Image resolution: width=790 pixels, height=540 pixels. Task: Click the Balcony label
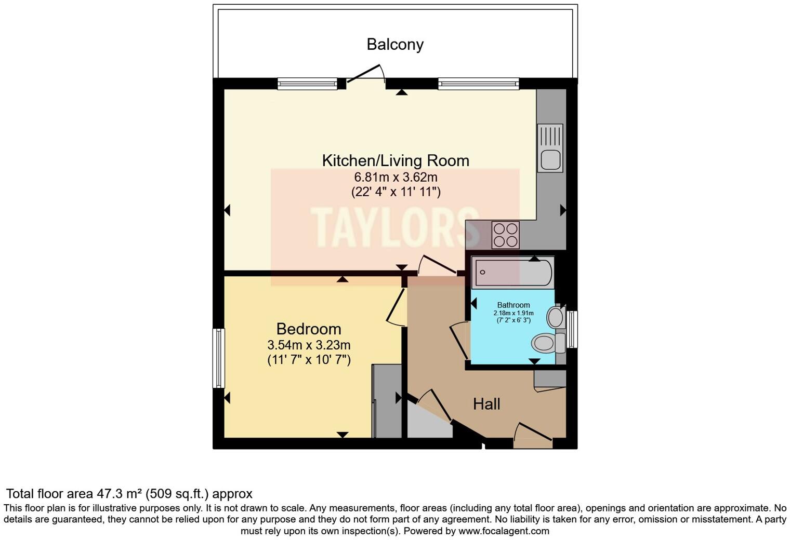click(395, 44)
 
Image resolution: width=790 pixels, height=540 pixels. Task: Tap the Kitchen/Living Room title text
click(395, 160)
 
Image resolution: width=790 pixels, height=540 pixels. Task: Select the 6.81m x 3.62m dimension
click(395, 177)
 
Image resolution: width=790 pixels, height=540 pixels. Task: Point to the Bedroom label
click(309, 329)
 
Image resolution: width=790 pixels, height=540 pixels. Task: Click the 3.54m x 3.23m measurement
click(309, 345)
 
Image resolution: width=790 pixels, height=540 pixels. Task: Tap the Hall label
click(486, 404)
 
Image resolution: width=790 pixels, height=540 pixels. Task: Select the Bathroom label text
click(513, 305)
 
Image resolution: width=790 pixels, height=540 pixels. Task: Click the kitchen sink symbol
click(550, 148)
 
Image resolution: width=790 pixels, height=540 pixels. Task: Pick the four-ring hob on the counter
click(505, 235)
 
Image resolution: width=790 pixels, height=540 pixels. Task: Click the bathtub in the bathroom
click(512, 272)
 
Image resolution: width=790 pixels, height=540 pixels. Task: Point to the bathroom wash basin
click(556, 316)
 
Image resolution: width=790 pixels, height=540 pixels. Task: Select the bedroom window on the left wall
click(219, 358)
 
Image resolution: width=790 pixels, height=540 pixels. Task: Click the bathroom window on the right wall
click(572, 329)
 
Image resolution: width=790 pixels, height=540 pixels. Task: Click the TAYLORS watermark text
click(395, 227)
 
